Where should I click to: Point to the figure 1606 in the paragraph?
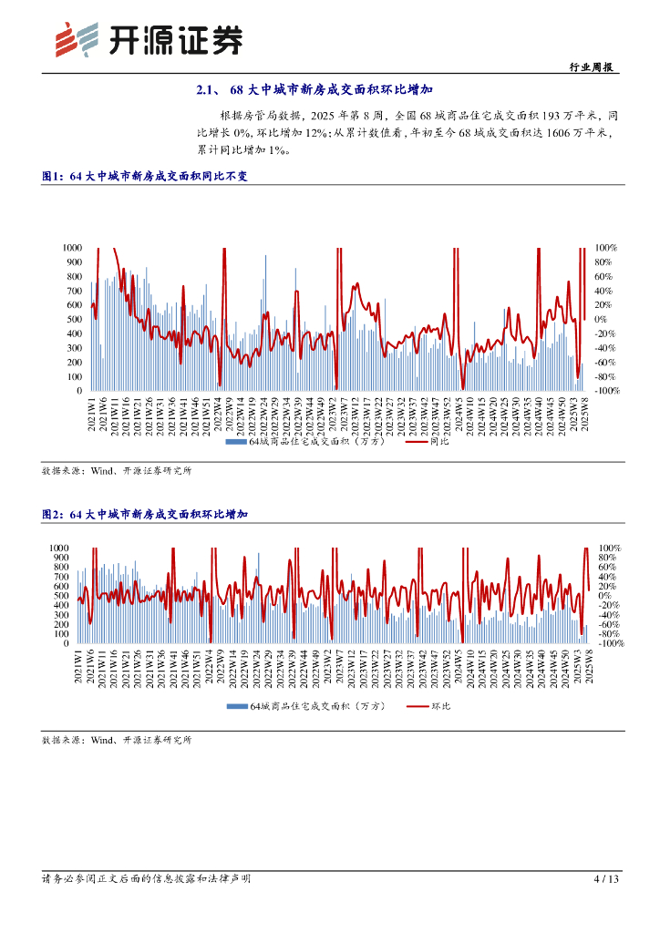[x=544, y=134]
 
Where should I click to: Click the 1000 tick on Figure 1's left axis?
[x=73, y=247]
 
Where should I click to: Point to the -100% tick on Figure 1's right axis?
[x=606, y=391]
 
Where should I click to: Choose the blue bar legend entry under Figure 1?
[x=304, y=443]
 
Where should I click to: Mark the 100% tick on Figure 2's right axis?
[x=608, y=548]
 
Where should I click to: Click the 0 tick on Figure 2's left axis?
[x=79, y=643]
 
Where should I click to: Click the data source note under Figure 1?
[x=117, y=471]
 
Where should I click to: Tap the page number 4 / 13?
[x=606, y=879]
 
